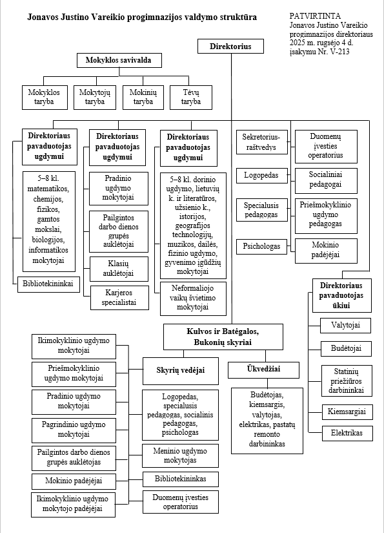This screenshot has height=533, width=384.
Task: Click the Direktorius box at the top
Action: coord(230,47)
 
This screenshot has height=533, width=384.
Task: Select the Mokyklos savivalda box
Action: coord(119,61)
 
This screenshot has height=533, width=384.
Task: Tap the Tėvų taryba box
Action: coord(191,97)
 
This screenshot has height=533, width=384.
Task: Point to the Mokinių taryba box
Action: coord(143,97)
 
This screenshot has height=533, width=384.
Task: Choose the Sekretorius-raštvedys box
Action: coord(262,142)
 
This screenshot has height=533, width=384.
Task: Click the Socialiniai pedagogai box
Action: coord(326,180)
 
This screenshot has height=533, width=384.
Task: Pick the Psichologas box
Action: coord(261,246)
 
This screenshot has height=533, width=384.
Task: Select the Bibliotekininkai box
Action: coord(48,284)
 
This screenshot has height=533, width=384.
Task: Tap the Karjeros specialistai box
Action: coord(119,298)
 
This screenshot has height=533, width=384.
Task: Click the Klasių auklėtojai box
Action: coord(119,269)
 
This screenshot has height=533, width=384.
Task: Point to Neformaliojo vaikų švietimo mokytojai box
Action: coord(193,298)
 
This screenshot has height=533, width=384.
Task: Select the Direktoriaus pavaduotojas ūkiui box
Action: coord(341,295)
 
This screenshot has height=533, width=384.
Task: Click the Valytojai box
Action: coord(345,326)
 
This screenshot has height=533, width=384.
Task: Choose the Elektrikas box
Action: coord(347,433)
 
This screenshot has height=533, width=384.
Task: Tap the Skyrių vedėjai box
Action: coord(180,371)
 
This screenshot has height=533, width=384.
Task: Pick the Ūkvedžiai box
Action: coord(263,370)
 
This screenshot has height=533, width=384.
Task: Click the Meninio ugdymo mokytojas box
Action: coord(180,455)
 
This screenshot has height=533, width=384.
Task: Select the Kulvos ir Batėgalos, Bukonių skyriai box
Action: coord(223,337)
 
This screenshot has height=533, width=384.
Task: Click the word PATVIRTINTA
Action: coord(315,16)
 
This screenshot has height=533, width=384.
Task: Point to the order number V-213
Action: coord(339,52)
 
